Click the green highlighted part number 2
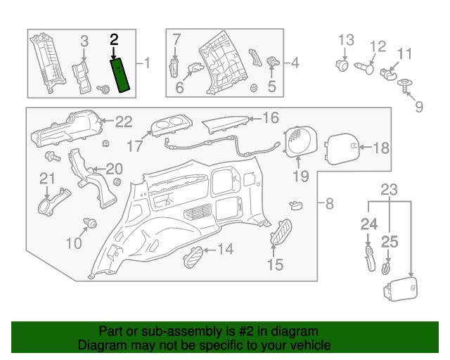pos(120,76)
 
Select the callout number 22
pos(123,122)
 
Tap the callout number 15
pos(275,264)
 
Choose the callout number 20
pos(113,169)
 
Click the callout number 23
pos(389,189)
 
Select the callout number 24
pos(369,225)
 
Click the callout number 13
pos(345,40)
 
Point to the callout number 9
pos(419,107)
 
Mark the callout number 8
pos(330,205)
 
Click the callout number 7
pos(176,39)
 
